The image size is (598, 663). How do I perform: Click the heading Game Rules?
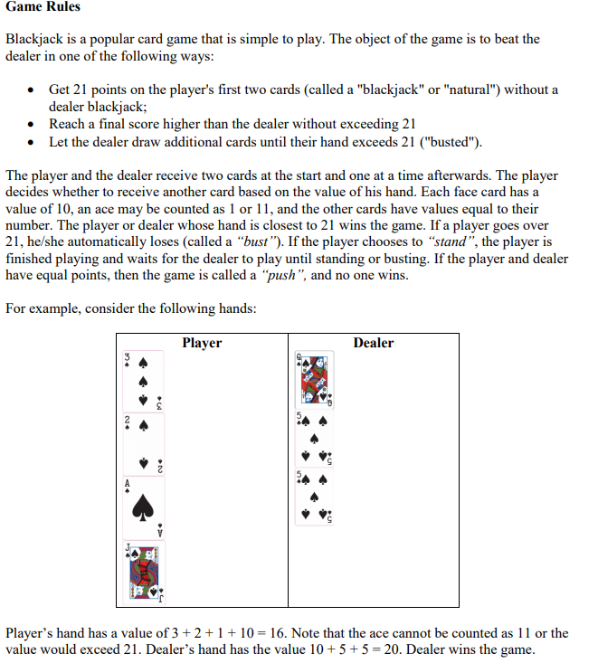pyautogui.click(x=43, y=7)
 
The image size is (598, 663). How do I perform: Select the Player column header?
pyautogui.click(x=202, y=343)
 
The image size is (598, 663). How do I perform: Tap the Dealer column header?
pyautogui.click(x=373, y=343)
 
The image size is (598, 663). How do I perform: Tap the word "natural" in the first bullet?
pyautogui.click(x=465, y=90)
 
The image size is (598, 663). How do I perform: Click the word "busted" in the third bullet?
pyautogui.click(x=448, y=142)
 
